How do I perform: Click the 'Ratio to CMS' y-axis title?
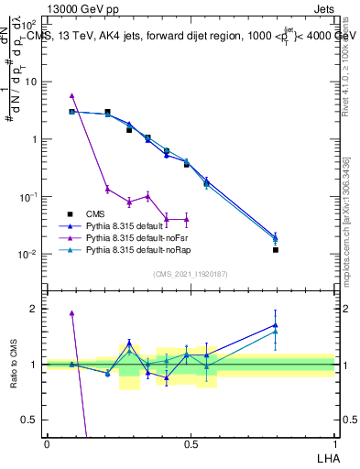[15, 365]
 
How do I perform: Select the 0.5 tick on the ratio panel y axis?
[32, 420]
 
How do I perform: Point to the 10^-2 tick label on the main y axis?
[28, 254]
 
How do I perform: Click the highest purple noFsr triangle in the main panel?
[71, 95]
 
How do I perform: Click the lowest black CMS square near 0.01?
[276, 249]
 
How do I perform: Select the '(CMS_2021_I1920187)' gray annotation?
[191, 274]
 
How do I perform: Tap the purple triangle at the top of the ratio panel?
[71, 313]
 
